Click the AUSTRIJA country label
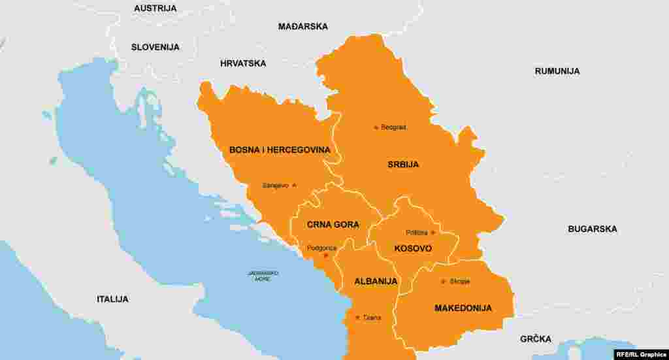click(155, 8)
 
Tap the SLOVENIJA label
click(155, 47)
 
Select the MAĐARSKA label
click(303, 27)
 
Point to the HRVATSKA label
click(243, 63)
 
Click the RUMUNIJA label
click(557, 71)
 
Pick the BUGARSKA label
click(593, 229)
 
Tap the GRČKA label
click(536, 339)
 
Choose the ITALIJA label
click(112, 299)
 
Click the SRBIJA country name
click(403, 165)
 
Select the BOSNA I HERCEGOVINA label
click(280, 150)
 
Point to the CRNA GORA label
click(333, 225)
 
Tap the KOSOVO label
click(413, 249)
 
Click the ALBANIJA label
click(376, 282)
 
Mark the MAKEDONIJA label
click(463, 308)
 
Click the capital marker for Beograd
click(376, 127)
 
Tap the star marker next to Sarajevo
click(294, 186)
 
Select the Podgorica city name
click(321, 248)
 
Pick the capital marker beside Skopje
click(443, 282)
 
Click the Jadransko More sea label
click(263, 276)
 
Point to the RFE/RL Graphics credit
click(641, 354)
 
